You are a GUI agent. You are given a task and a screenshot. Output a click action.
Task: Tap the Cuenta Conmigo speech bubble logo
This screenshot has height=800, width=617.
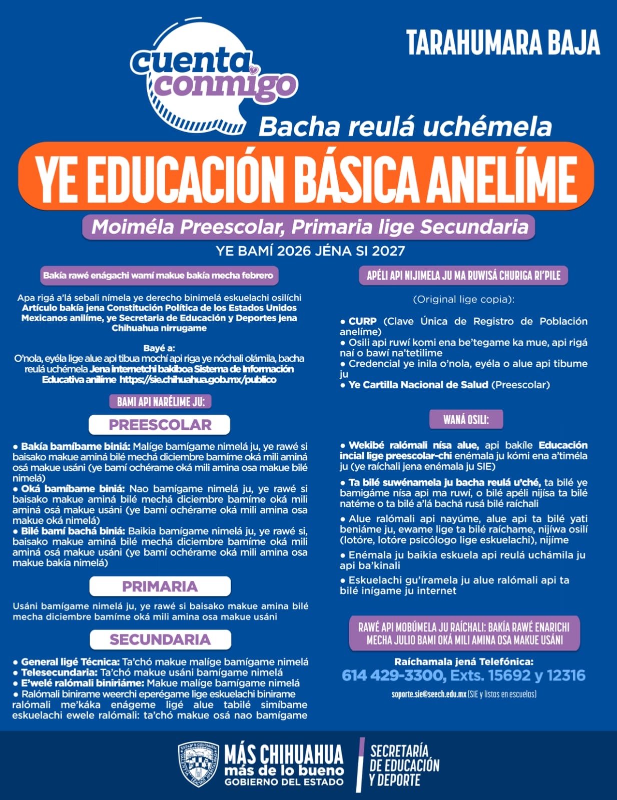pos(200,80)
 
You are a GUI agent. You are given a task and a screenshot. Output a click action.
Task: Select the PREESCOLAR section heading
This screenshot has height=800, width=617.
pos(160,425)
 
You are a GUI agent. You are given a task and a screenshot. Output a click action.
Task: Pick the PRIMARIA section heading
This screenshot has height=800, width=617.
pos(160,586)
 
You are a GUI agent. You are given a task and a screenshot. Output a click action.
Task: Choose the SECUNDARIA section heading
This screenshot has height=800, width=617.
pos(160,639)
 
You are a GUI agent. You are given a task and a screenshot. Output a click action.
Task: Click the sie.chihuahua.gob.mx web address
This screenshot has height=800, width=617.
pos(198,379)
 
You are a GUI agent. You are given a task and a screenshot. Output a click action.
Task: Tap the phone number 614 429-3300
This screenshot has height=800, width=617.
pos(393,675)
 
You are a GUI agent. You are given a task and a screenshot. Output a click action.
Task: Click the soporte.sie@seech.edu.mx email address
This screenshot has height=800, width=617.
pos(429,694)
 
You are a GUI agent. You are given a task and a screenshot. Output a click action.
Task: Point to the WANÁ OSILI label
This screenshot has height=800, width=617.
pos(466,419)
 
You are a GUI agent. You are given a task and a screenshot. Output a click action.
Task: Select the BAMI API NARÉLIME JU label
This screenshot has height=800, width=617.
pos(161,402)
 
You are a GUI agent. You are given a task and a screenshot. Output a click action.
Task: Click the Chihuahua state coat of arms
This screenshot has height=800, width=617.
pos(198,764)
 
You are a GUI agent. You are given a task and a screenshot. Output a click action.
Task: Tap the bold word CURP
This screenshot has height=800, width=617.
pos(362,321)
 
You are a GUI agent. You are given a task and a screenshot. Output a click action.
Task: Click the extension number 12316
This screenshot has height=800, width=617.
pos(565,675)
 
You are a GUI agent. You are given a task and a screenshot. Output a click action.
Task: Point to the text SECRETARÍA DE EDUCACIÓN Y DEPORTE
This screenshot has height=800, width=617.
pos(404,765)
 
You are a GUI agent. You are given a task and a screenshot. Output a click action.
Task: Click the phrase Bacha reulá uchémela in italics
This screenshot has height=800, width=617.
pos(405,127)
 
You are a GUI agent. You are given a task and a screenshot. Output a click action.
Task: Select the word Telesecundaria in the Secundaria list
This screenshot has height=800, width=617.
pos(59,672)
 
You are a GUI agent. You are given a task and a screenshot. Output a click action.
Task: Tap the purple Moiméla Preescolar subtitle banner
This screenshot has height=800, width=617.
pos(309,227)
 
